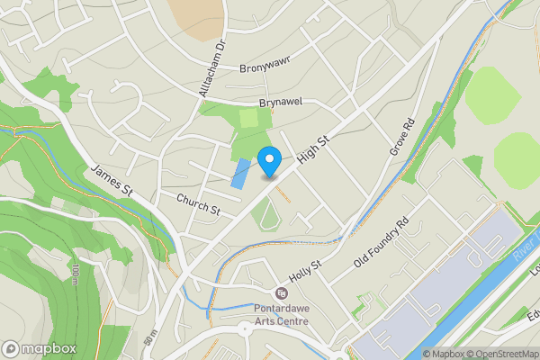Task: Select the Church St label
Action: (x=198, y=204)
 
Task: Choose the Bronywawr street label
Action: (x=267, y=67)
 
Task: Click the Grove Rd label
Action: (x=401, y=135)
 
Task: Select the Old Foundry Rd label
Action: (x=382, y=242)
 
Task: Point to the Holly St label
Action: (x=305, y=267)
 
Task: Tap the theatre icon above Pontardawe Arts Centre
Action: (x=282, y=293)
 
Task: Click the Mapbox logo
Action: (x=38, y=348)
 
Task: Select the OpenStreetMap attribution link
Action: (x=502, y=354)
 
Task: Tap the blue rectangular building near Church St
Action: (x=239, y=173)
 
